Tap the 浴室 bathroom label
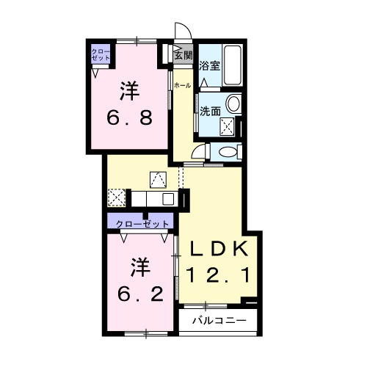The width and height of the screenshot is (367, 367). coord(209,65)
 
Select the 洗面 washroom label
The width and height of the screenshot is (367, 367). coord(211,111)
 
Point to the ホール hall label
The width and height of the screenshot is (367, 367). coord(183,86)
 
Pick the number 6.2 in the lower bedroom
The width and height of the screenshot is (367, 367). coord(138,292)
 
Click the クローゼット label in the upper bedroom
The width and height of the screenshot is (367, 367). coord(99,54)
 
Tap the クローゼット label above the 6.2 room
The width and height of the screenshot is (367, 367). coord(139,223)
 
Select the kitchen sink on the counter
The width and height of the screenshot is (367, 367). coord(167,198)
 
